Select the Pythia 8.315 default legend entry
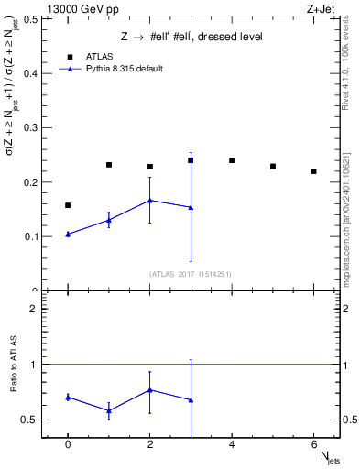click(x=117, y=69)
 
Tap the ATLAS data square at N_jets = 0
click(x=68, y=205)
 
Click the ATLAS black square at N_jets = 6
click(x=313, y=171)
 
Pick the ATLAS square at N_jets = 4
click(x=232, y=160)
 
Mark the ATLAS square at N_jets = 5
click(x=273, y=166)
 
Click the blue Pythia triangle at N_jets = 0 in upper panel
click(x=68, y=234)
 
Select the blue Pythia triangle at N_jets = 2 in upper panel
click(x=150, y=200)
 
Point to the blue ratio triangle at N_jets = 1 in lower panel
click(x=109, y=410)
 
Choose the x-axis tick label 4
click(x=232, y=445)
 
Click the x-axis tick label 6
click(x=313, y=445)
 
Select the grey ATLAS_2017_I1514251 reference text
click(x=191, y=274)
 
